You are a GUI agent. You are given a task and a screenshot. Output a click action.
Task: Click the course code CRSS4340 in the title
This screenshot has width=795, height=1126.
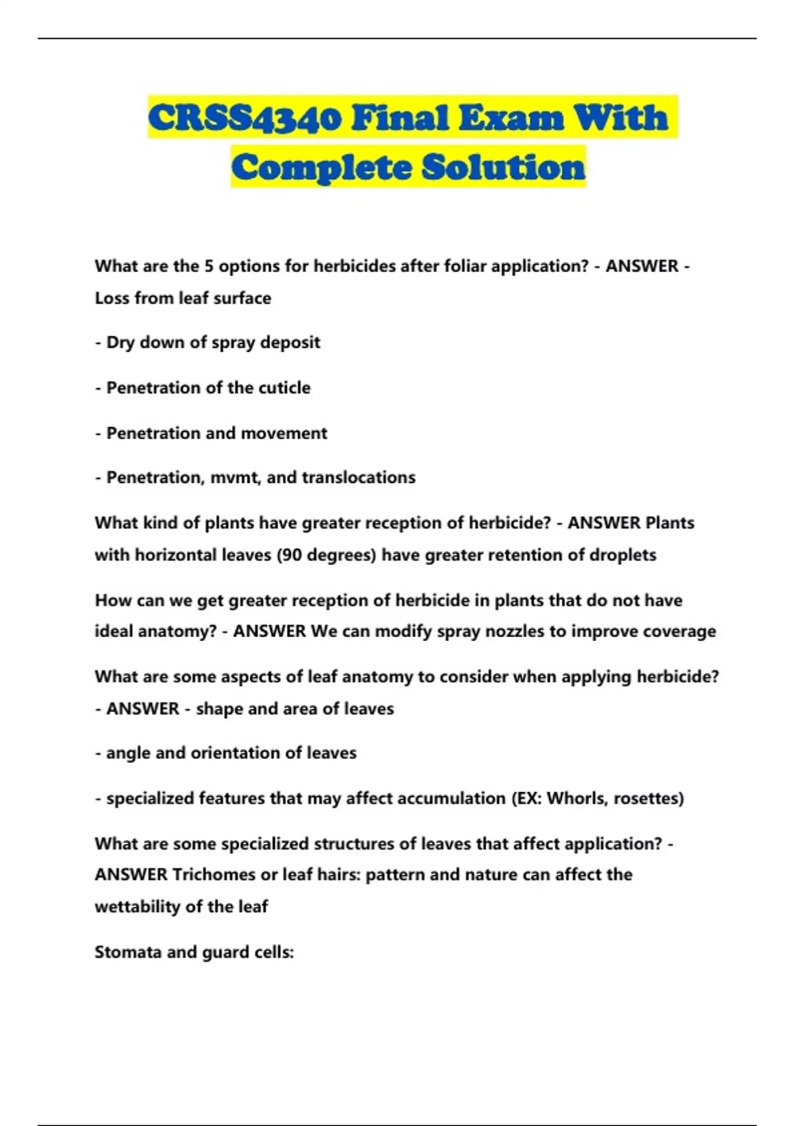(245, 119)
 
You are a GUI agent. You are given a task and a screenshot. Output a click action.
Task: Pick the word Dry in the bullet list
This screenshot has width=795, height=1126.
(120, 342)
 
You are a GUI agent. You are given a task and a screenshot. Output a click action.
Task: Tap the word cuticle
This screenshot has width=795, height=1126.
(284, 387)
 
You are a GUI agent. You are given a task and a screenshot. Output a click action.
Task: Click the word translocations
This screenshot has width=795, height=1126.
(358, 478)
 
